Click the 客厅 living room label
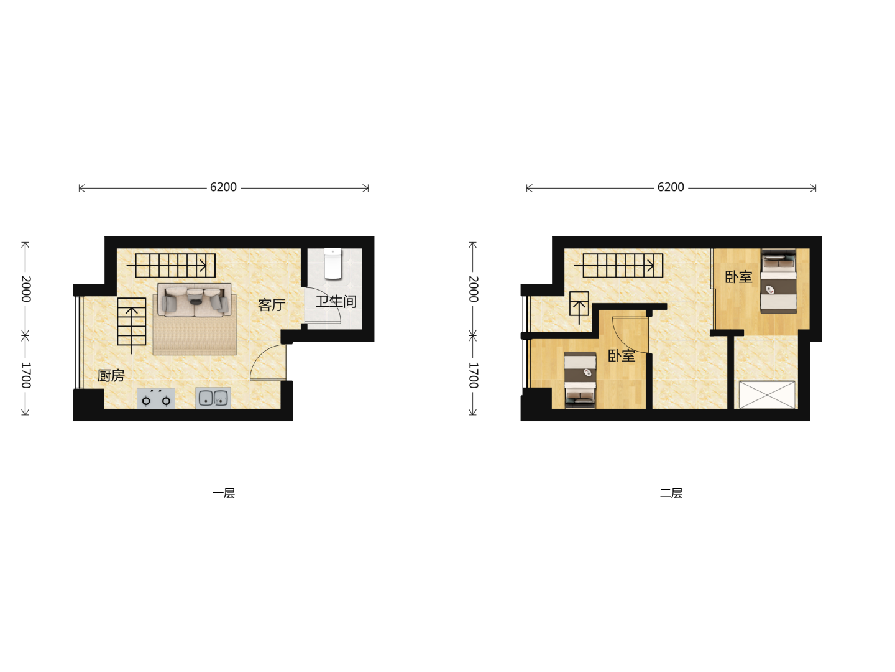click(x=271, y=305)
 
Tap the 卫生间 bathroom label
click(x=336, y=302)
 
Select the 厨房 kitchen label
click(x=111, y=375)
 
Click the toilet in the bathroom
click(x=333, y=264)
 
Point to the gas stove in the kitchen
click(x=156, y=399)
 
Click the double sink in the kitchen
click(x=213, y=398)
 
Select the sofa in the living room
click(x=195, y=300)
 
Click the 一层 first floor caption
click(x=224, y=493)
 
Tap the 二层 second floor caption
click(x=671, y=493)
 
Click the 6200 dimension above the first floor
click(x=223, y=187)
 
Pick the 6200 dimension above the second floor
click(x=671, y=187)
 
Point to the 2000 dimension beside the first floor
click(x=26, y=289)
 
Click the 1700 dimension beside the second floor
click(x=474, y=375)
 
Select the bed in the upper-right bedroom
click(x=778, y=281)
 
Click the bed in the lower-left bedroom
click(x=580, y=380)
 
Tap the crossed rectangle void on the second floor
click(x=767, y=395)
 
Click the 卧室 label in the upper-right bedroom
click(x=738, y=277)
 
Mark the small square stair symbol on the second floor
click(x=579, y=304)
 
